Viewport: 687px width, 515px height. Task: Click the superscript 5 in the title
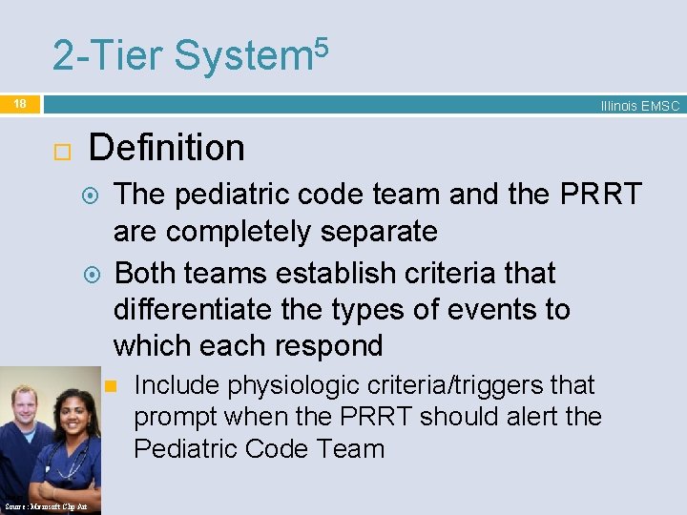click(x=322, y=45)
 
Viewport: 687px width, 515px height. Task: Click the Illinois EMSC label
click(x=639, y=106)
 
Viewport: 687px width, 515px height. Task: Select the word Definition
click(x=166, y=148)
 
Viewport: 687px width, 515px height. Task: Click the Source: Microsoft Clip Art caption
click(x=45, y=506)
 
